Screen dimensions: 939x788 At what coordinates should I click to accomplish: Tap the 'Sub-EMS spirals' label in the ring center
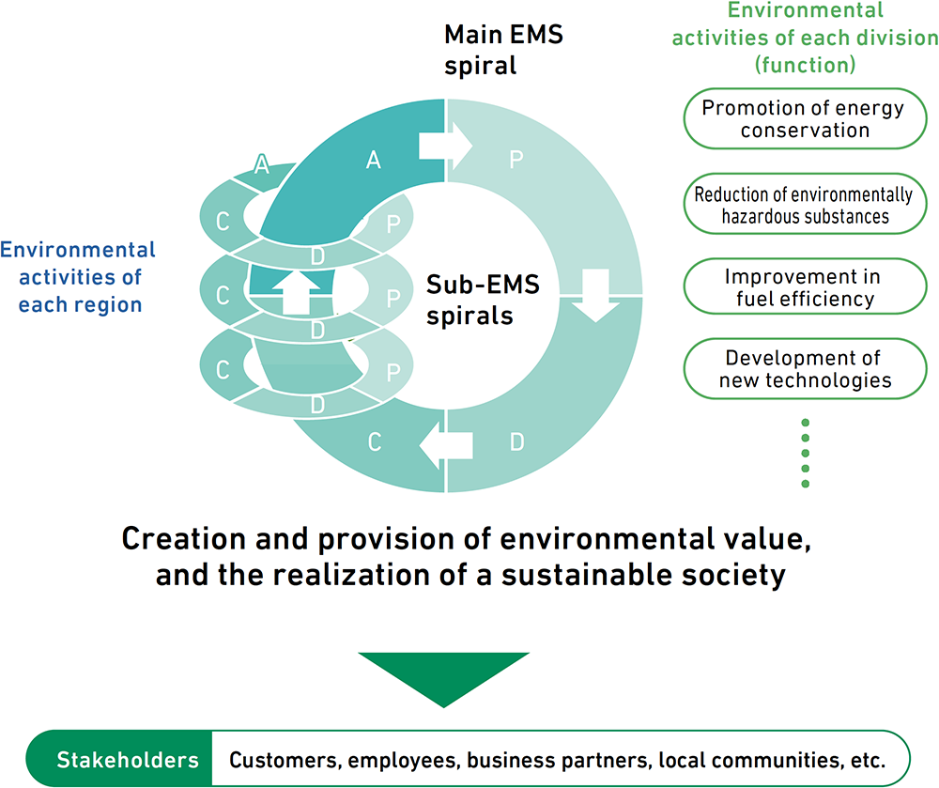coord(483,300)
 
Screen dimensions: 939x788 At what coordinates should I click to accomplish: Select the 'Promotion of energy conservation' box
coord(805,118)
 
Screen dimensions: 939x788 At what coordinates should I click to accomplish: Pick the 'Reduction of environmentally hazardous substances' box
coord(805,204)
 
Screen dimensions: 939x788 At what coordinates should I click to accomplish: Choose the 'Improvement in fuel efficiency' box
coord(805,286)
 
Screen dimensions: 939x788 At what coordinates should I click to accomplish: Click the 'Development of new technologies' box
coord(805,369)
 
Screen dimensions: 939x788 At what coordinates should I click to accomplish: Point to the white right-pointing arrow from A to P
coord(445,147)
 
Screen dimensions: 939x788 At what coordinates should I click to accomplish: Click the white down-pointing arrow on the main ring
coord(595,296)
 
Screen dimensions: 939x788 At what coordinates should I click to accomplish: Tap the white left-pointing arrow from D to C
coord(446,445)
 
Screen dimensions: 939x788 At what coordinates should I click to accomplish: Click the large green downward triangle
coord(444,680)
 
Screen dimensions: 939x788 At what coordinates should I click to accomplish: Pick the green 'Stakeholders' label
coord(128,760)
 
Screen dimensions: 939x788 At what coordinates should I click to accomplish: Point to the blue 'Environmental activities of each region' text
coord(78,277)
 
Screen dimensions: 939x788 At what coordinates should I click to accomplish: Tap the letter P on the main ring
coord(516,160)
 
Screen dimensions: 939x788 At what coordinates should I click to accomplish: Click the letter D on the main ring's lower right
coord(516,442)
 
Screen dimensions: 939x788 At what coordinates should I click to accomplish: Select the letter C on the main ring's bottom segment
coord(375,442)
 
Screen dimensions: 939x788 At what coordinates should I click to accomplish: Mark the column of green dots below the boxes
coord(806,454)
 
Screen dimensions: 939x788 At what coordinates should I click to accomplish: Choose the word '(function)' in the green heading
coord(805,65)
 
